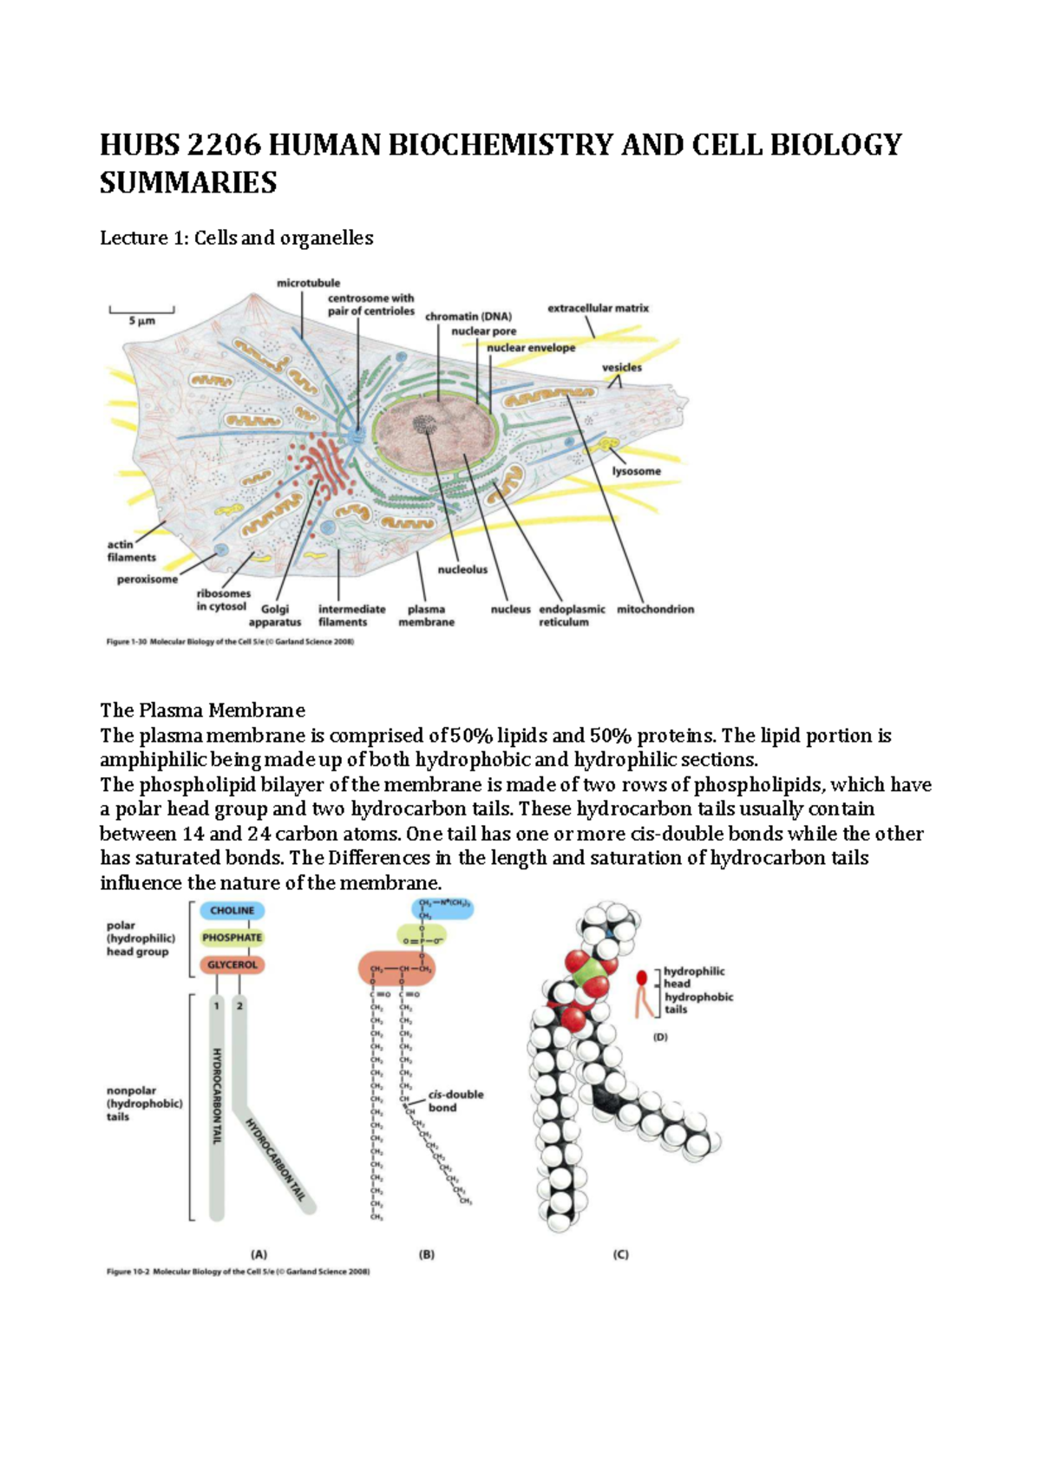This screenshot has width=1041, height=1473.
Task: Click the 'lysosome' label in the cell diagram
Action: coord(636,471)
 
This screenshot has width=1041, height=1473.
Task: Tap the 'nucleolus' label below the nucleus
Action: coord(462,570)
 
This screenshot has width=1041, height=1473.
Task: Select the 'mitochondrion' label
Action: coord(655,610)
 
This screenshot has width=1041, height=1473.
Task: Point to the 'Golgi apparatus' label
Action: coord(274,616)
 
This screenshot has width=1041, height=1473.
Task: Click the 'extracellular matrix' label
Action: coord(598,308)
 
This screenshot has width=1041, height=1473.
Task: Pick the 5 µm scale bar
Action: coord(141,311)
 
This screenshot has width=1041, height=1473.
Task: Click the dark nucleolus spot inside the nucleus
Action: coord(424,424)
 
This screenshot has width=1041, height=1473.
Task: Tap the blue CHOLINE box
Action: coord(232,911)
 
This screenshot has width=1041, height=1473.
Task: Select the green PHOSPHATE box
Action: coord(232,938)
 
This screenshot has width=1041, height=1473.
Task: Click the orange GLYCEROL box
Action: coord(232,965)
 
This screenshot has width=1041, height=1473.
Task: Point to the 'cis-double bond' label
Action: coord(455,1101)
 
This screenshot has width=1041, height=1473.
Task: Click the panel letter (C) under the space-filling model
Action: coord(620,1254)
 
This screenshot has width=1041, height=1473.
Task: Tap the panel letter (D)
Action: coord(660,1037)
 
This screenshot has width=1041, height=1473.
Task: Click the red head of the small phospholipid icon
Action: coord(642,978)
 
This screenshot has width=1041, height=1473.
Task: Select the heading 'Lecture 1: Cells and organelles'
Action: coord(236,238)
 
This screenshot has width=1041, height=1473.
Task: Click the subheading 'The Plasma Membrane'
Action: coord(202,710)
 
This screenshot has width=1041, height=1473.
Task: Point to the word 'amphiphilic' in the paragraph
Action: coord(153,760)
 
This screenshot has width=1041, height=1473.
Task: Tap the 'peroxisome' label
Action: coord(147,579)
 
